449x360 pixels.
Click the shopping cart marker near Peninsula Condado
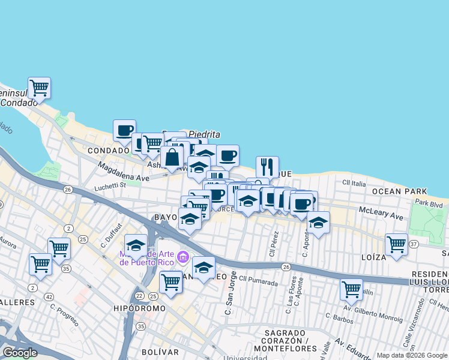(x=39, y=88)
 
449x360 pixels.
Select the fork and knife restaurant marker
(x=267, y=167)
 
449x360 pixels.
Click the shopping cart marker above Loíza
(x=396, y=244)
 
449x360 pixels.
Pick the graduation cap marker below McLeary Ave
(x=318, y=223)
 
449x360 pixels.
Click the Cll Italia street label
(x=354, y=182)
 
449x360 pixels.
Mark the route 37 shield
(x=414, y=244)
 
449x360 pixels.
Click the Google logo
(x=20, y=353)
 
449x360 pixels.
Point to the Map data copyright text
(x=411, y=355)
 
